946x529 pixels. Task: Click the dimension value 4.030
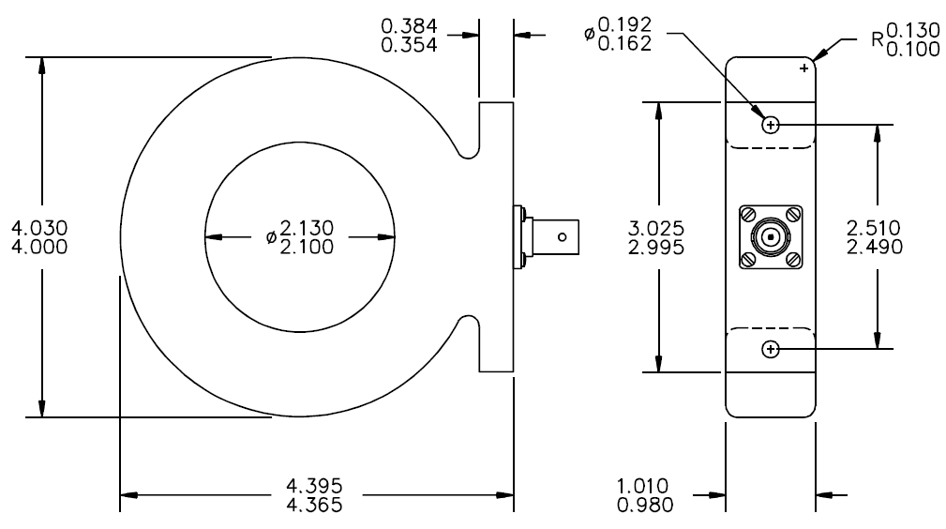click(39, 228)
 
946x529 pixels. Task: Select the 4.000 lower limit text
click(39, 247)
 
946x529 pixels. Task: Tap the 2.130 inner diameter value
click(307, 228)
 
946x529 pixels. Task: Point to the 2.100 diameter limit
click(307, 247)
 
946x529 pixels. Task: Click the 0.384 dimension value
click(409, 26)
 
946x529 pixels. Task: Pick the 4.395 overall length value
click(314, 486)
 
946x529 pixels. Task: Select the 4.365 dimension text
click(314, 505)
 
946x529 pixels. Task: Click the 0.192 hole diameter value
click(625, 24)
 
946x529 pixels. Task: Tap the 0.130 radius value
click(913, 30)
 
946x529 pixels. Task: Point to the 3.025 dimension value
click(656, 228)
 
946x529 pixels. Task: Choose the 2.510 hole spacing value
click(874, 228)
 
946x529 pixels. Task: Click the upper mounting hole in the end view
click(771, 125)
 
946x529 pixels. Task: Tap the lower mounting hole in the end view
click(771, 349)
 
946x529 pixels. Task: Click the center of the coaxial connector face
click(771, 236)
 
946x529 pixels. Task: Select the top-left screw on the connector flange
click(748, 214)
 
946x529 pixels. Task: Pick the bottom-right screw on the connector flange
click(793, 260)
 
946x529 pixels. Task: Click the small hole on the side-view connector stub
click(563, 236)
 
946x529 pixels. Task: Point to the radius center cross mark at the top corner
click(803, 68)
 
